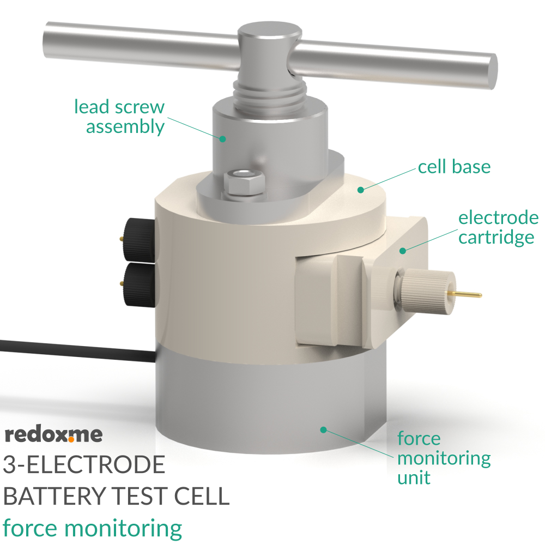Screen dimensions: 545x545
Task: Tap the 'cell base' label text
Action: click(454, 167)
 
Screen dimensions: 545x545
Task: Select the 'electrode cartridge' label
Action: click(498, 228)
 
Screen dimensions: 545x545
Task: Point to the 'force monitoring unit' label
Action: click(443, 458)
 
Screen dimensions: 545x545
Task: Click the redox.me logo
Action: click(53, 434)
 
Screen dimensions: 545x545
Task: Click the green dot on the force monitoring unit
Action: click(323, 430)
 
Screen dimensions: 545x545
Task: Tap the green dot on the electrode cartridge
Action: click(403, 250)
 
